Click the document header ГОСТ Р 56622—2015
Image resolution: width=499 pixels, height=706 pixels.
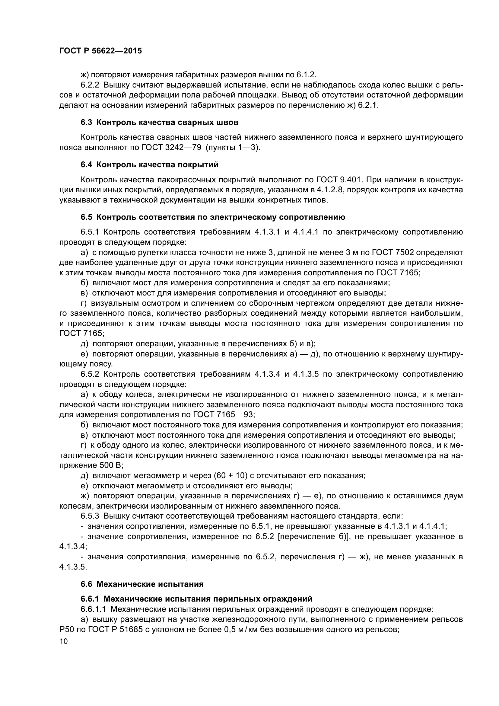100,51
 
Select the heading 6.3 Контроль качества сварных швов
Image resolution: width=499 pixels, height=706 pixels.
160,122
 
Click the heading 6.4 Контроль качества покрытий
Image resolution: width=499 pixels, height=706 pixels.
150,165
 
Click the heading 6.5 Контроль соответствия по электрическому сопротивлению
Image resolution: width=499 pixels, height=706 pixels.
213,217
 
